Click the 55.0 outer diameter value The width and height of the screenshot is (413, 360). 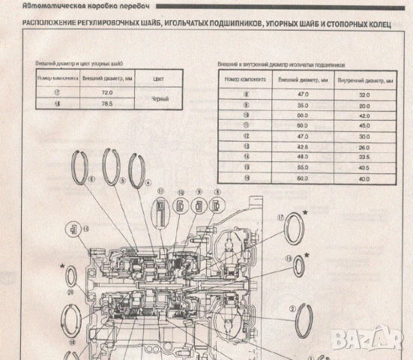pos(302,167)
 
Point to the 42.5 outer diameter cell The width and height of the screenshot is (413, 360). pos(302,147)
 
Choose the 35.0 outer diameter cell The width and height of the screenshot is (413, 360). pos(302,106)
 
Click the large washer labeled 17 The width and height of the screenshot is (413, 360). pos(295,228)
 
